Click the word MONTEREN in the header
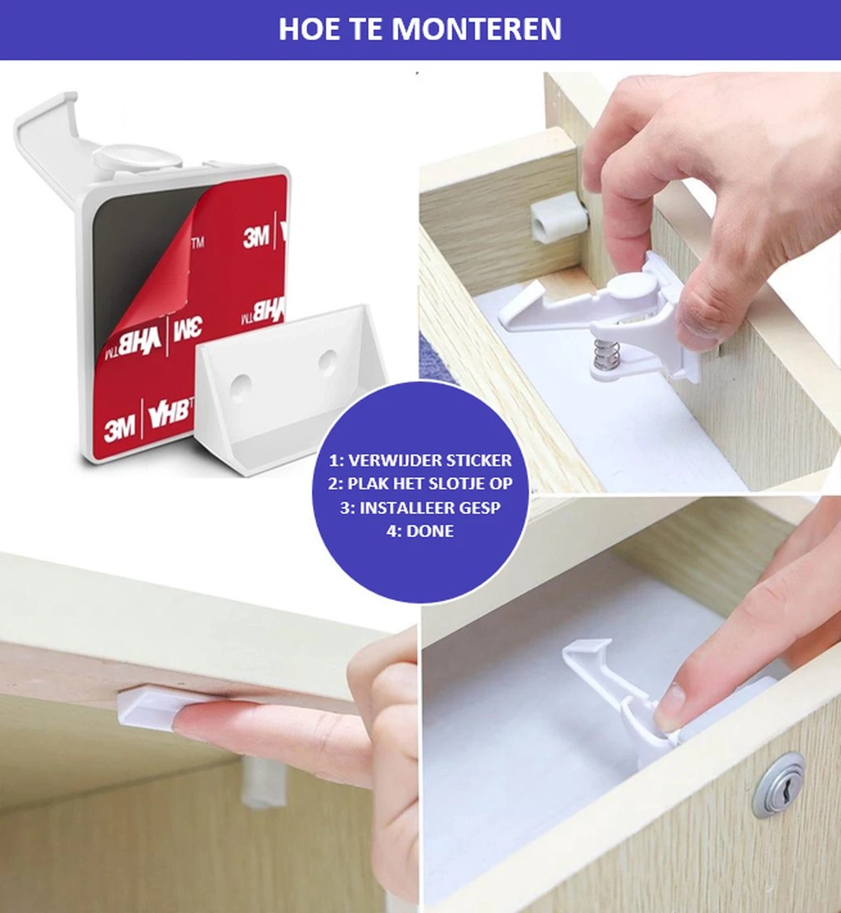tap(476, 29)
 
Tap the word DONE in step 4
tap(430, 531)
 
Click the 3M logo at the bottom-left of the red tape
tap(119, 429)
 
